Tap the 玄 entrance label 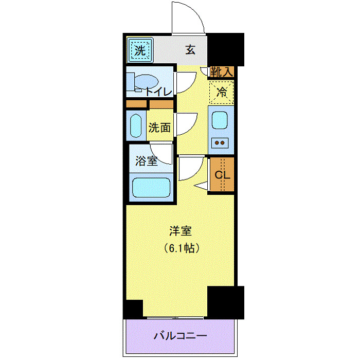point(190,50)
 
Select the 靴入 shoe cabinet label point(222,73)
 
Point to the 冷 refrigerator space point(222,93)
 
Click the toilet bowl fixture point(146,82)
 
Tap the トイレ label point(158,92)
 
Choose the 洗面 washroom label point(159,128)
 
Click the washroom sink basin point(136,126)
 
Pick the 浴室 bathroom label point(146,161)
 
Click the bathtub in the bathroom point(151,187)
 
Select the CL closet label point(222,174)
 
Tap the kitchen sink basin point(221,120)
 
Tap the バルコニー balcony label point(181,336)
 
